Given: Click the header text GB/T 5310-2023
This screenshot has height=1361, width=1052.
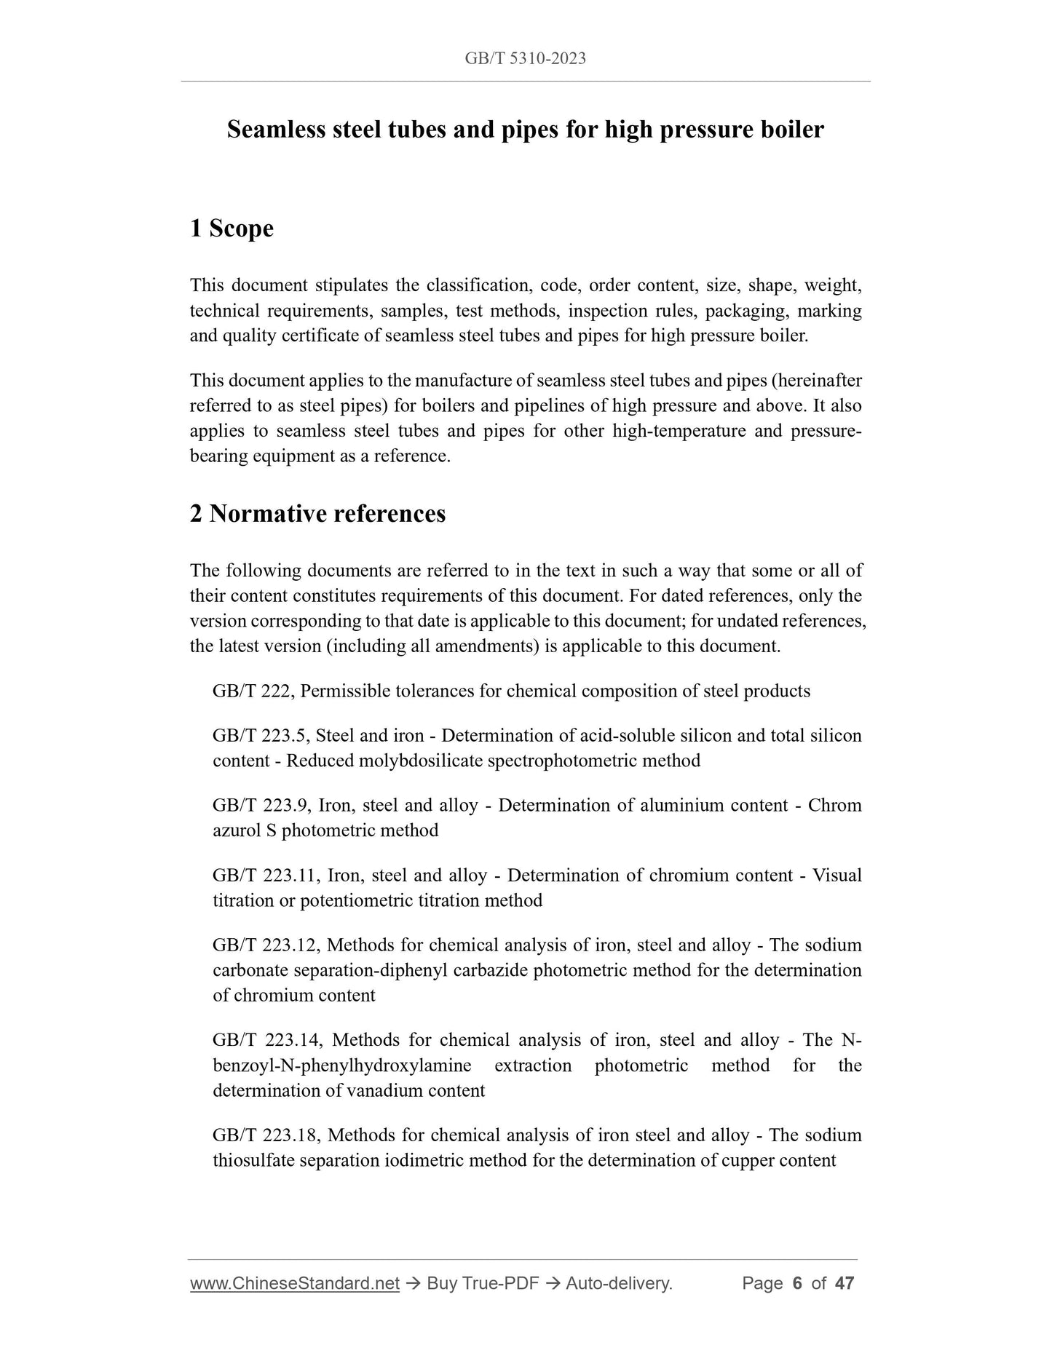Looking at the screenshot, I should tap(525, 59).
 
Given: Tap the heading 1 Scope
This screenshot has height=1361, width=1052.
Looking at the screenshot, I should tap(232, 229).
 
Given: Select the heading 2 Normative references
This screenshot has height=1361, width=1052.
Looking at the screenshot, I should tap(317, 514).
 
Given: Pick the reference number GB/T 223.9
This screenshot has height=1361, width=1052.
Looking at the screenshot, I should tap(260, 805).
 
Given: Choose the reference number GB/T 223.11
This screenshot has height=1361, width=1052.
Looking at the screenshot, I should tap(264, 875).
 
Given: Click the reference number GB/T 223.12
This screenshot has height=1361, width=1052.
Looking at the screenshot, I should tap(264, 945).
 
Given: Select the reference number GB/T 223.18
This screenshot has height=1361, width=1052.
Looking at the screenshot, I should tap(266, 1135).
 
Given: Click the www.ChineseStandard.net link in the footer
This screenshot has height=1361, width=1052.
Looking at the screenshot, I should tap(294, 1283).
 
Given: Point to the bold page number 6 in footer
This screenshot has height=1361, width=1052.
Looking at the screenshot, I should tap(796, 1283).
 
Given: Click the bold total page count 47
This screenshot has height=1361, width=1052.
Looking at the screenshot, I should tap(844, 1283).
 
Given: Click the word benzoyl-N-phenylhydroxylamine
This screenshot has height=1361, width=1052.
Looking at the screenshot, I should tap(341, 1066).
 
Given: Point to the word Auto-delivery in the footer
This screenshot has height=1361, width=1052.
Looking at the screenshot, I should tap(618, 1283).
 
